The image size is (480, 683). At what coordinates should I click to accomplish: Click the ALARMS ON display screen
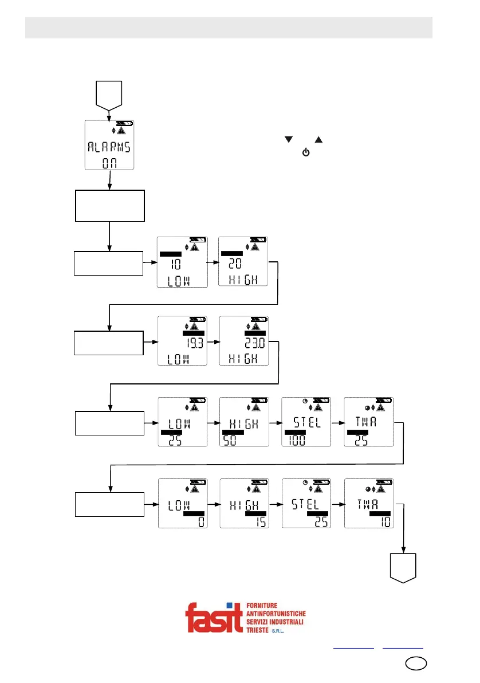pyautogui.click(x=109, y=146)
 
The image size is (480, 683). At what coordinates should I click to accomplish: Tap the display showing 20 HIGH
pyautogui.click(x=243, y=262)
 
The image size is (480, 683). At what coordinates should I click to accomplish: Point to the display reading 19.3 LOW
pyautogui.click(x=182, y=341)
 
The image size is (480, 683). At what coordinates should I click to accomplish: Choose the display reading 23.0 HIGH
pyautogui.click(x=243, y=341)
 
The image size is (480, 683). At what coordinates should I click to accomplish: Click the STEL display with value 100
pyautogui.click(x=306, y=422)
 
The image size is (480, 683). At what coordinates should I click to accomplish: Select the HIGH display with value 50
pyautogui.click(x=243, y=422)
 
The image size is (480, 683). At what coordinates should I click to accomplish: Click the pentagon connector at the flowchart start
pyautogui.click(x=109, y=95)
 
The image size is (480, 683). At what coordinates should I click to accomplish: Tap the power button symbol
pyautogui.click(x=305, y=154)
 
